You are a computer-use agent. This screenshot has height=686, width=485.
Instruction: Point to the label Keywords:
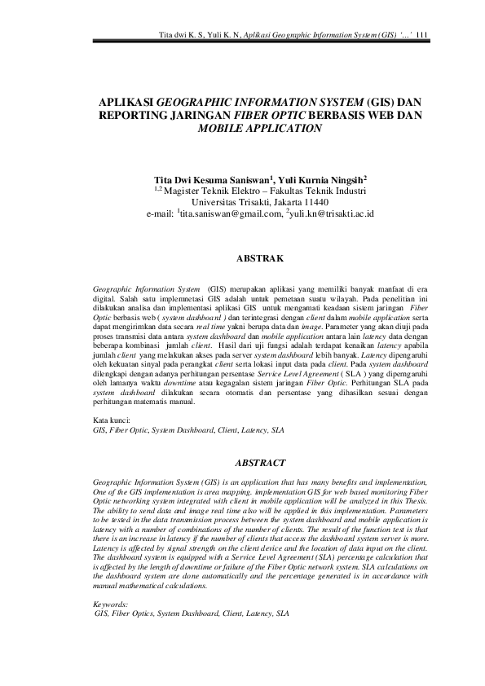[111, 604]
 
